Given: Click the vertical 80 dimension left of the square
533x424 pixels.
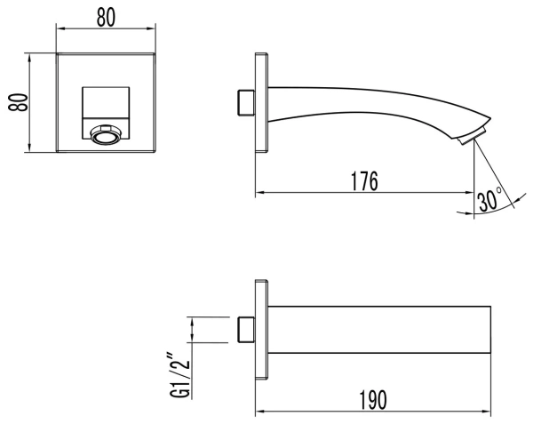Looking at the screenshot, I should pos(13,104).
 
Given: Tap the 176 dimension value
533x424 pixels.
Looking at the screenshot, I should pos(363,181).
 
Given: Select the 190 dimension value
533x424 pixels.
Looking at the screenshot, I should pos(372,400).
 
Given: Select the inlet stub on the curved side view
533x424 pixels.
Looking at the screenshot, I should pos(245,101).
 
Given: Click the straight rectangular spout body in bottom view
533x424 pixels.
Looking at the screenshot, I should pos(378,330).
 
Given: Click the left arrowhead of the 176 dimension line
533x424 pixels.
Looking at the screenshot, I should pos(259,192).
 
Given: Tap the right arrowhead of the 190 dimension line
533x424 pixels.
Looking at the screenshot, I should pos(488,412).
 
